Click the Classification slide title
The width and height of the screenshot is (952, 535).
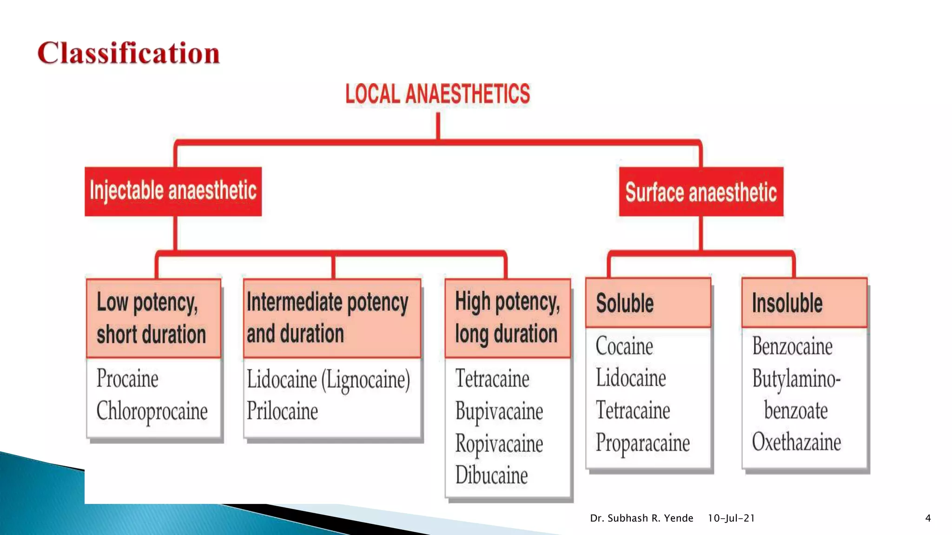point(128,53)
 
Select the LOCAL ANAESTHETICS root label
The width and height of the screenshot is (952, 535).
point(437,94)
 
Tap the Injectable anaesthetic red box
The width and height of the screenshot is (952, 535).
point(173,191)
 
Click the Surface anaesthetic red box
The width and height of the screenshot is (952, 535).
point(701,192)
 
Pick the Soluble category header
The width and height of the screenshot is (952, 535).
point(625,303)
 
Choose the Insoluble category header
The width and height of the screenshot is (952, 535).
point(787,303)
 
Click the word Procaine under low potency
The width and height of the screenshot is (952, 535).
point(127,378)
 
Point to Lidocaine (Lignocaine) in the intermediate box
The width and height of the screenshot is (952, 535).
point(328,379)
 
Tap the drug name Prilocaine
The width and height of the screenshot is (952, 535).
point(282,411)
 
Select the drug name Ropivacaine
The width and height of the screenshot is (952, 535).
point(499,444)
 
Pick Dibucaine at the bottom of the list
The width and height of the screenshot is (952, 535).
point(491,475)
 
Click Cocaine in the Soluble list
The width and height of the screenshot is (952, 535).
point(624,346)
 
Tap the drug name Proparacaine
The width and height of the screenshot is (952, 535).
point(642,443)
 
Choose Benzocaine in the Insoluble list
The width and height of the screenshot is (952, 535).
point(792,346)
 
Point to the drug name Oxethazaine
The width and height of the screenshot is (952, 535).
point(796,442)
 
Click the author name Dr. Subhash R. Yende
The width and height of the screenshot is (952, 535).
point(641,518)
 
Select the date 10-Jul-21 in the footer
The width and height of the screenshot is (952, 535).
point(731,518)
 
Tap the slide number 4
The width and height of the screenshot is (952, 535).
point(928,518)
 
